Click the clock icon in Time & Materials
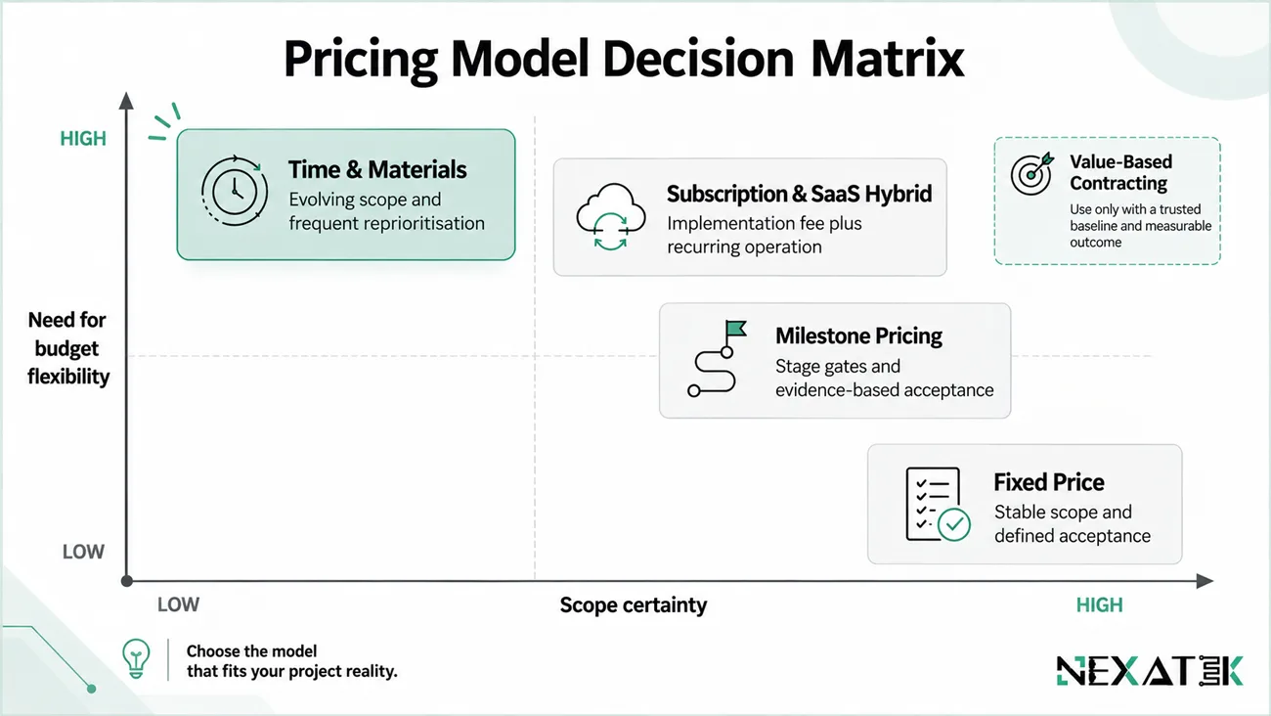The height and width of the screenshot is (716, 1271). tap(235, 192)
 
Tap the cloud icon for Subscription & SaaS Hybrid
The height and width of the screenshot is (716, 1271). tap(610, 216)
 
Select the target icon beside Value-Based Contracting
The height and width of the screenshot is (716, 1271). tap(1032, 174)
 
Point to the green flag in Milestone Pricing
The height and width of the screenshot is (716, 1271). tap(736, 329)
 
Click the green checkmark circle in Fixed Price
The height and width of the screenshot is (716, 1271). tap(954, 524)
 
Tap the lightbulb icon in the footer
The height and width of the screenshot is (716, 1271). tap(136, 658)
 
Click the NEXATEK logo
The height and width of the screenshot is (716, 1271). tap(1150, 671)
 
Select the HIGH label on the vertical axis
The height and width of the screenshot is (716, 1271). tap(83, 139)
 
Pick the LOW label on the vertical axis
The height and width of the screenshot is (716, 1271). tap(83, 552)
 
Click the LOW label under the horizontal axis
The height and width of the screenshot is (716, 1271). tap(178, 604)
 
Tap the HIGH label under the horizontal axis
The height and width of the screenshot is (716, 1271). tap(1100, 604)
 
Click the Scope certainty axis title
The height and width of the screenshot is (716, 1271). tap(634, 604)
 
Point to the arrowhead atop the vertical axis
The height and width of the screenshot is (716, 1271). tap(126, 101)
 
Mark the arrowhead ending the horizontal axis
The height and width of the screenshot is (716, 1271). tap(1205, 581)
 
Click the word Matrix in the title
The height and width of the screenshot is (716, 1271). tap(888, 58)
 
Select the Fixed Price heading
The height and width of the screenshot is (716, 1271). tap(1048, 482)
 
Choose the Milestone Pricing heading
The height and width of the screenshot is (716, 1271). tap(858, 336)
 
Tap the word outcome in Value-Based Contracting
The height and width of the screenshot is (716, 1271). tap(1096, 243)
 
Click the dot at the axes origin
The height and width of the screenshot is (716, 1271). tap(127, 581)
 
